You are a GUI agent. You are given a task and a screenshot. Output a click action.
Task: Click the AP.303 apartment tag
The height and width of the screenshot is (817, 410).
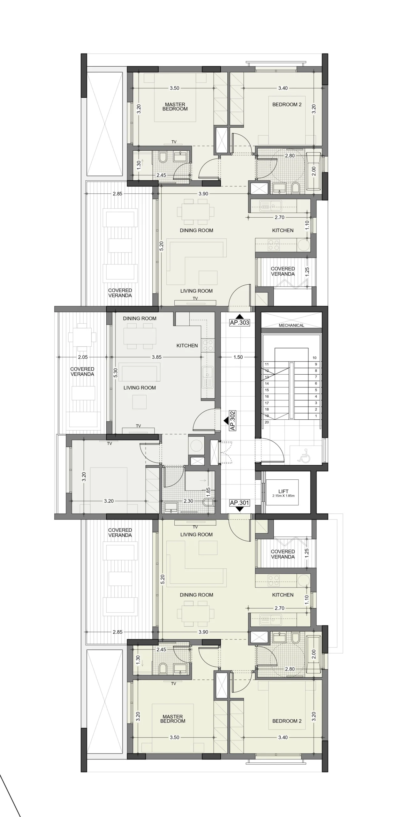(239, 322)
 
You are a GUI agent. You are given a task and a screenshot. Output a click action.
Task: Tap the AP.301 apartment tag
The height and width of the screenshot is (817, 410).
(239, 503)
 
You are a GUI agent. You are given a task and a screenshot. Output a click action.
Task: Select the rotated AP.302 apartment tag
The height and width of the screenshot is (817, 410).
(232, 421)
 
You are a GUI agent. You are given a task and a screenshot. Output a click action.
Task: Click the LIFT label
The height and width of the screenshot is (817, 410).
(283, 491)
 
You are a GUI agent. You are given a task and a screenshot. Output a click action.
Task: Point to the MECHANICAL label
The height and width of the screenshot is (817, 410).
(291, 325)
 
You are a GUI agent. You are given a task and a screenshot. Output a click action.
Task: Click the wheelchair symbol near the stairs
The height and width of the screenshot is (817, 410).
(302, 455)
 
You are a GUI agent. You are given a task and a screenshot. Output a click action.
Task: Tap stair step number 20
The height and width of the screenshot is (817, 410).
(267, 422)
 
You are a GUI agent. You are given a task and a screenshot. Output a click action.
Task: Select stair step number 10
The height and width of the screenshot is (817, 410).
(315, 358)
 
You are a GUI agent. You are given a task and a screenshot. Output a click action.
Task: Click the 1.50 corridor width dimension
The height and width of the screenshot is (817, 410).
(238, 357)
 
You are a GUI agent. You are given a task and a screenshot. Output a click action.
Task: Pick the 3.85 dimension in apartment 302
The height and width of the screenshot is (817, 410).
(156, 357)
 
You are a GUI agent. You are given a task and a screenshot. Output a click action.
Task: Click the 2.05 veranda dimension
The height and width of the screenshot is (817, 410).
(83, 357)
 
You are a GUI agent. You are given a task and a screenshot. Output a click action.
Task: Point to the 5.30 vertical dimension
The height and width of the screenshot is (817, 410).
(116, 373)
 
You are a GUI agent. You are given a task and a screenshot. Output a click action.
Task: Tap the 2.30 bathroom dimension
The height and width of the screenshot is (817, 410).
(188, 501)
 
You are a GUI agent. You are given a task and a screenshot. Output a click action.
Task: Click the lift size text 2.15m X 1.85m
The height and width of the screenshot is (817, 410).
(283, 496)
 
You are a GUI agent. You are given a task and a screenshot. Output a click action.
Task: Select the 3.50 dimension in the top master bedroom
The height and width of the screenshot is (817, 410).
(174, 88)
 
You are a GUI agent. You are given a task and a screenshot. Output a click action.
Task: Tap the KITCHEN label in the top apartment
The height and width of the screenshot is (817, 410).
(283, 230)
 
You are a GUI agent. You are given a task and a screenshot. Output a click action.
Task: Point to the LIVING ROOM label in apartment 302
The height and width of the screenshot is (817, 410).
(140, 388)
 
